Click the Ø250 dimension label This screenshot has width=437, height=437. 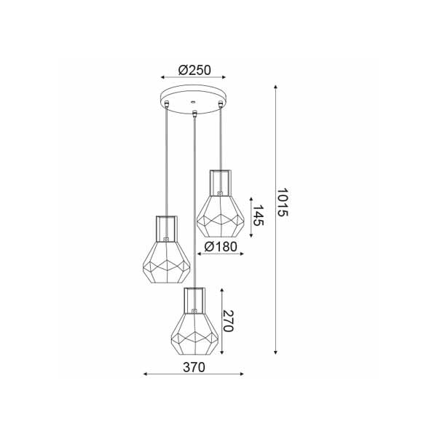click(194, 70)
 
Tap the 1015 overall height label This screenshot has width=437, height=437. click(282, 202)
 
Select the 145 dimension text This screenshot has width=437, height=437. click(258, 216)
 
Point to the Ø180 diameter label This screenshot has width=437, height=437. click(221, 246)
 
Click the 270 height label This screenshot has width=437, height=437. click(228, 320)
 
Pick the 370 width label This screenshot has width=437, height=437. click(194, 367)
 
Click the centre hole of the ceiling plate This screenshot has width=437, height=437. click(192, 102)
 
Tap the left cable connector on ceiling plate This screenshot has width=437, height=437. click(166, 103)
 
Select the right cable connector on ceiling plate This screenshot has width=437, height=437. click(221, 103)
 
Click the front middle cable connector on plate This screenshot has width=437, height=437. click(194, 114)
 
